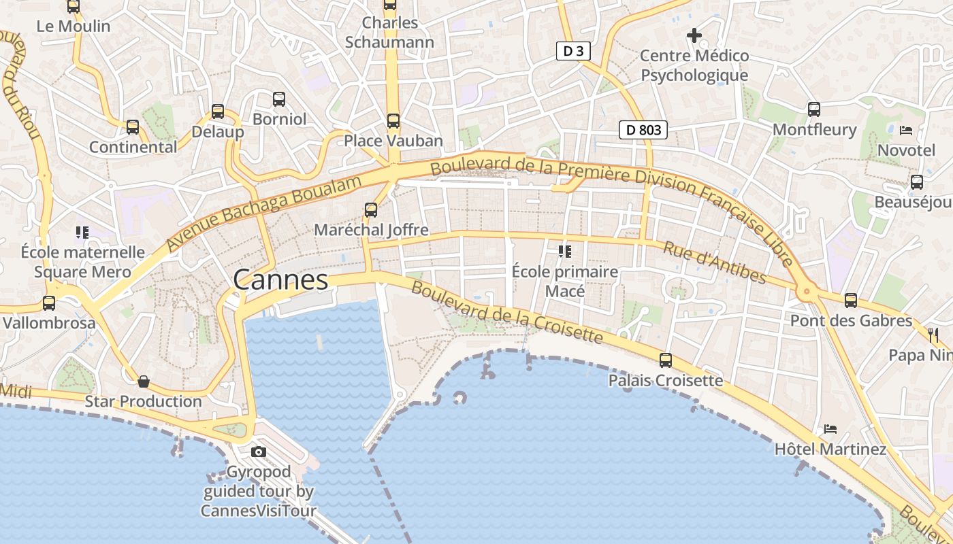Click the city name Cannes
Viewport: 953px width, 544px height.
(x=280, y=279)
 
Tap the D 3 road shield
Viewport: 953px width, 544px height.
(x=573, y=51)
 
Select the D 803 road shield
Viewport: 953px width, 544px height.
(x=643, y=129)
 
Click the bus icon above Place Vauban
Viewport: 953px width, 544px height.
(x=393, y=121)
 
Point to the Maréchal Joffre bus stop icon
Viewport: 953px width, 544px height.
(x=371, y=210)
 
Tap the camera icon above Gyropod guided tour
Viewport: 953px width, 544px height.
(x=259, y=452)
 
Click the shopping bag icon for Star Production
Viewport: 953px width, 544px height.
(x=143, y=381)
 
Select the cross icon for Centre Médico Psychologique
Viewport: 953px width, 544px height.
(x=694, y=35)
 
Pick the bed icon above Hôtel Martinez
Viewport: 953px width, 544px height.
(x=830, y=429)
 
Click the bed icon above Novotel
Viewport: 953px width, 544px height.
(x=906, y=130)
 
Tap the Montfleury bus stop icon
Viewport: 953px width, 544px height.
(x=814, y=109)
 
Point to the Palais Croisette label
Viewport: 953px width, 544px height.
(x=666, y=380)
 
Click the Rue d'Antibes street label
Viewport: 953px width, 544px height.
(x=715, y=262)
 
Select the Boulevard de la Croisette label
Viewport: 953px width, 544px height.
(x=507, y=313)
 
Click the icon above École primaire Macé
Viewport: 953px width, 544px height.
(x=564, y=252)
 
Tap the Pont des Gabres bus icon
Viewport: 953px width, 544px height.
(x=851, y=301)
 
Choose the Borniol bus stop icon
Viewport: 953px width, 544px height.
(x=279, y=99)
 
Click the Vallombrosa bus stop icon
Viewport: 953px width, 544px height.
(x=49, y=303)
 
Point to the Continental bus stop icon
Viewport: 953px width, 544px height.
(x=133, y=127)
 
